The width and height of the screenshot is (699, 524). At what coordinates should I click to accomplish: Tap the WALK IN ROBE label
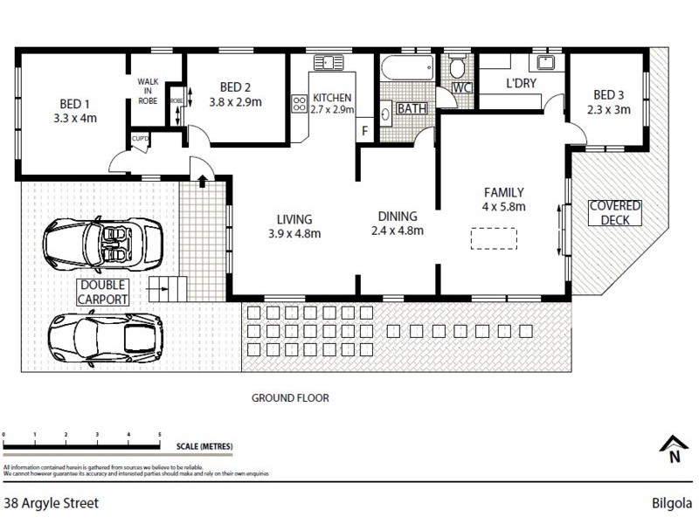(x=148, y=91)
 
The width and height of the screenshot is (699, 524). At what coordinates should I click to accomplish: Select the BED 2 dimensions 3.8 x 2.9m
(x=235, y=102)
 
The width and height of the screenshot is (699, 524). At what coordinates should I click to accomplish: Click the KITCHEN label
(x=332, y=97)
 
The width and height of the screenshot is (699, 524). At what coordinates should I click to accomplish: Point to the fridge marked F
(x=364, y=130)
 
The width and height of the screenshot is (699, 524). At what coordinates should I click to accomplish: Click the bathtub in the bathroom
(x=405, y=68)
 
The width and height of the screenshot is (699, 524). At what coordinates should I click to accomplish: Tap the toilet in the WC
(x=456, y=69)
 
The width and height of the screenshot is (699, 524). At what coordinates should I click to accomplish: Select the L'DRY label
(x=521, y=85)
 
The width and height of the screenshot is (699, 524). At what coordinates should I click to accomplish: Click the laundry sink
(x=547, y=62)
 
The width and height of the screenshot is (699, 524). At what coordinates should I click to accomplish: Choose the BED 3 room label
(x=609, y=95)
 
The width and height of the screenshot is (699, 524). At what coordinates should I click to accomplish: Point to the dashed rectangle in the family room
(x=495, y=238)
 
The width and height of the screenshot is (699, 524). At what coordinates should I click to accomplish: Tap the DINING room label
(x=398, y=217)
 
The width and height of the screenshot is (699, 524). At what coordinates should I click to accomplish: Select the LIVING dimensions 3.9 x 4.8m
(x=294, y=233)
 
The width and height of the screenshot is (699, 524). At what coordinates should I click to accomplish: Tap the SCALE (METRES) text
(x=204, y=446)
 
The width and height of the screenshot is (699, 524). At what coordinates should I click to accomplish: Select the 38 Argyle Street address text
(x=51, y=503)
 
